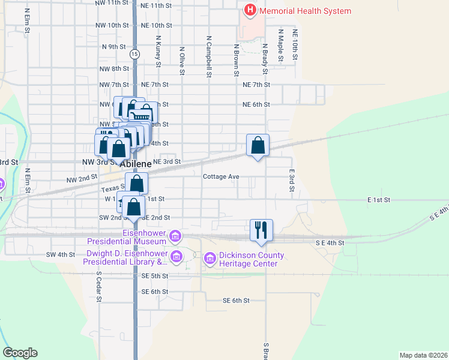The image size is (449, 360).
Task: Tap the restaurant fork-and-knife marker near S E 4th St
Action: (x=261, y=229)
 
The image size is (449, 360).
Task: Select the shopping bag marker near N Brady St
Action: (x=258, y=145)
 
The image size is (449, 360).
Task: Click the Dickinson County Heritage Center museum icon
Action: (x=209, y=259)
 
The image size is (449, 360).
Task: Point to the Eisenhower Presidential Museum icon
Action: (x=175, y=236)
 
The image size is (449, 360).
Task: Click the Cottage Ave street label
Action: (x=221, y=176)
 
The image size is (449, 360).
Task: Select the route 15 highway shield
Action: (x=134, y=54)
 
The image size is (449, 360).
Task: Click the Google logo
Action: (x=20, y=353)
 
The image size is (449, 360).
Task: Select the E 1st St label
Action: (x=379, y=199)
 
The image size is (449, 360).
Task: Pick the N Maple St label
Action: (x=280, y=44)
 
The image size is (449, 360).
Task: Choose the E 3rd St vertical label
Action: (x=292, y=180)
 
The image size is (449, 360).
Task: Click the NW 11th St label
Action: (x=112, y=4)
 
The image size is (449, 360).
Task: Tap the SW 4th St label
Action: (x=61, y=254)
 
